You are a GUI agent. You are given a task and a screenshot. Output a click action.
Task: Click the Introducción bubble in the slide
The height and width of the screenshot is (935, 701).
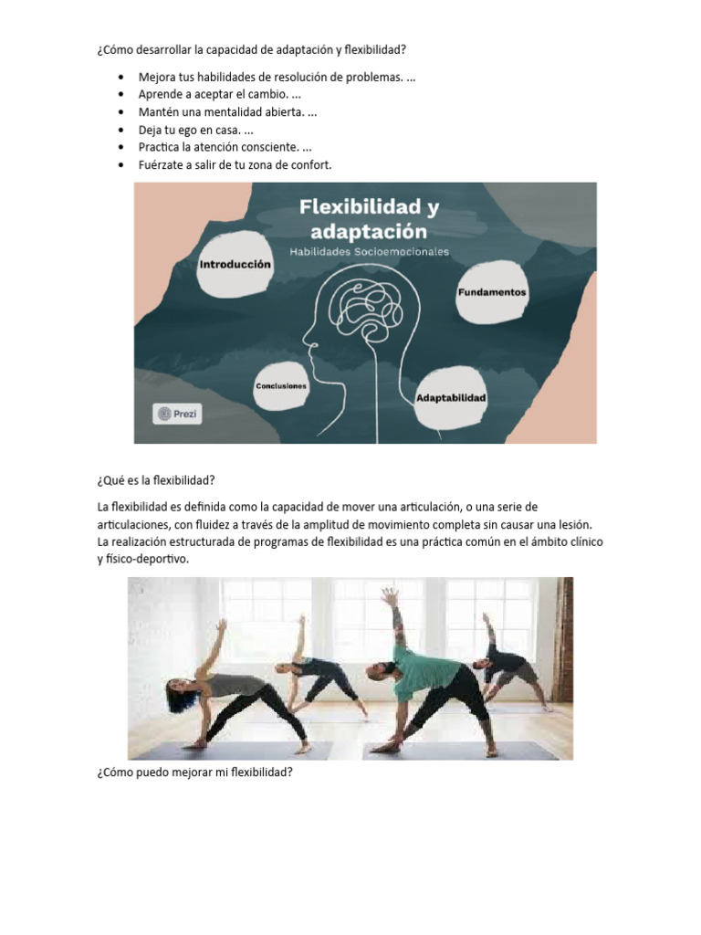pos(235,264)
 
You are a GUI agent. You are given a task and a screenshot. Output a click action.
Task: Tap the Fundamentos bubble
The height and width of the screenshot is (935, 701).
pos(492,293)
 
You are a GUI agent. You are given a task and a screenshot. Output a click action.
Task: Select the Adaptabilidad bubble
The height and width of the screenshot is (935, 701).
pos(451,398)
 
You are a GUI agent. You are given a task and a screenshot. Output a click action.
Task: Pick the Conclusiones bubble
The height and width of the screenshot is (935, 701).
pos(281,386)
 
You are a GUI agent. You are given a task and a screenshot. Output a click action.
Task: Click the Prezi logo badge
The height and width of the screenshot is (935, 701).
pos(177,414)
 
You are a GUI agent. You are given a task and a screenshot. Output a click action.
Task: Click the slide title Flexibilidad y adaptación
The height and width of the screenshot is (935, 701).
pos(369,218)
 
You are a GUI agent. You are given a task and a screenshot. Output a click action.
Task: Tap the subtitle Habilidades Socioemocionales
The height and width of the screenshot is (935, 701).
pos(369,252)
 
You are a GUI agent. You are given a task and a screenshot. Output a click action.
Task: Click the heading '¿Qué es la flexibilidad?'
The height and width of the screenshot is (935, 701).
pos(154,481)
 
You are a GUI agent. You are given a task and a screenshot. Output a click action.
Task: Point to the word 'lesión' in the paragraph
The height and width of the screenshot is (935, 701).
pos(573,524)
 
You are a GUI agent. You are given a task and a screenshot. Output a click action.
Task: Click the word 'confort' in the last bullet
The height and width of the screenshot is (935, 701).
pos(309,165)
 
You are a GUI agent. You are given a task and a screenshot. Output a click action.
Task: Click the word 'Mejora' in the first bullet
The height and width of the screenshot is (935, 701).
pos(158,78)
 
